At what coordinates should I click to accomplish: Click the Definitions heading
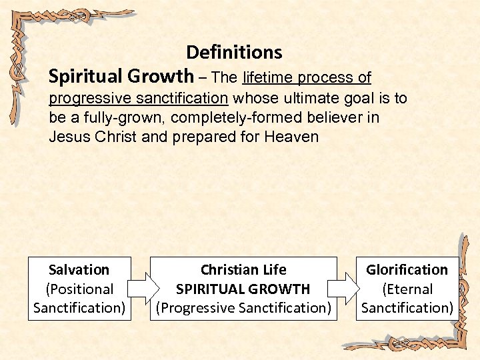click(234, 52)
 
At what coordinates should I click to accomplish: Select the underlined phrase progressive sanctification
click(139, 98)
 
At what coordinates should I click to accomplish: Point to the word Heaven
click(291, 137)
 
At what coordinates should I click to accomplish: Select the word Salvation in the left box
click(79, 270)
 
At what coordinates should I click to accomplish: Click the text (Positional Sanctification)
click(79, 299)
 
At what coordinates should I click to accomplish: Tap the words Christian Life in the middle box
click(243, 270)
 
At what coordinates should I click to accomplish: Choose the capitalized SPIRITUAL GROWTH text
click(243, 289)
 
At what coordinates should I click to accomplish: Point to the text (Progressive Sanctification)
click(243, 308)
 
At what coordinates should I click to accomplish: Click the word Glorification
click(407, 270)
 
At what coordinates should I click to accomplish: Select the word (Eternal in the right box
click(407, 289)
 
